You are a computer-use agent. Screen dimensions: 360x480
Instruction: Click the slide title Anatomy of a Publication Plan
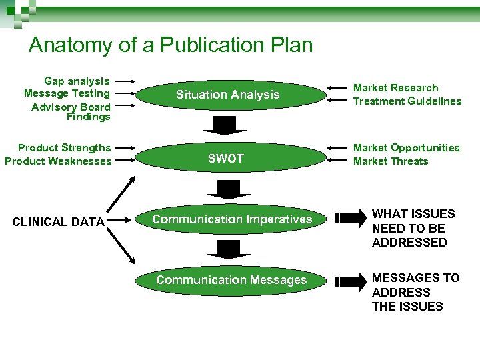[171, 45]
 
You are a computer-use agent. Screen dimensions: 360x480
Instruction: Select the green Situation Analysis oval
[228, 95]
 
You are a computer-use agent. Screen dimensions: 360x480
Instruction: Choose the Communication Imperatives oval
[231, 219]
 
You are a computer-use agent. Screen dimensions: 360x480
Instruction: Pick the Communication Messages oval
[231, 280]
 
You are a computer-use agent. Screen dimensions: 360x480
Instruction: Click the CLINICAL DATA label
[59, 222]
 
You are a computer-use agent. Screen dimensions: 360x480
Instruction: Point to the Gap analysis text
[77, 81]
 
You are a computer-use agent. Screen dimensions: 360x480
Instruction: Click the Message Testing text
[67, 93]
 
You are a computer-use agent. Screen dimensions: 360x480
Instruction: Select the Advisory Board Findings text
[71, 111]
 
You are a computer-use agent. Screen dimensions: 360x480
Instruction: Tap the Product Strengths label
[65, 148]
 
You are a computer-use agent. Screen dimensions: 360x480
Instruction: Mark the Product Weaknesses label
[58, 161]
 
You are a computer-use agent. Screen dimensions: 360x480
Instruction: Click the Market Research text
[395, 88]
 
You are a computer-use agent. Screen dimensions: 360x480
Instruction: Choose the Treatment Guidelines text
[407, 101]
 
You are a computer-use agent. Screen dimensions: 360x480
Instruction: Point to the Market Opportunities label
[406, 148]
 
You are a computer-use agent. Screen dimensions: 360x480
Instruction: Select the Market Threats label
[391, 161]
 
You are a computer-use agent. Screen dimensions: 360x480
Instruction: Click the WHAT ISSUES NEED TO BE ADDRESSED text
[413, 228]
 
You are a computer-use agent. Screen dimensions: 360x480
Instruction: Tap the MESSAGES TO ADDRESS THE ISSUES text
[415, 292]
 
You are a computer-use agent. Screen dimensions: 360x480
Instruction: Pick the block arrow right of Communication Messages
[345, 281]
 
